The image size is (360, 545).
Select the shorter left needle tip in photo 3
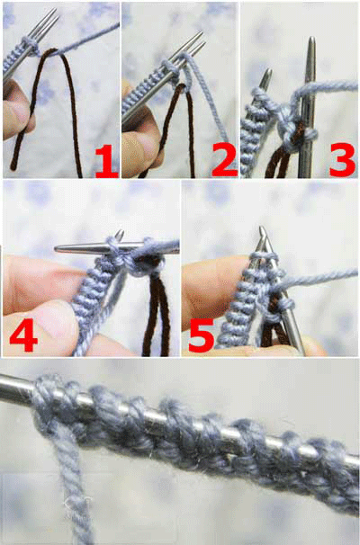click(266, 76)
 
